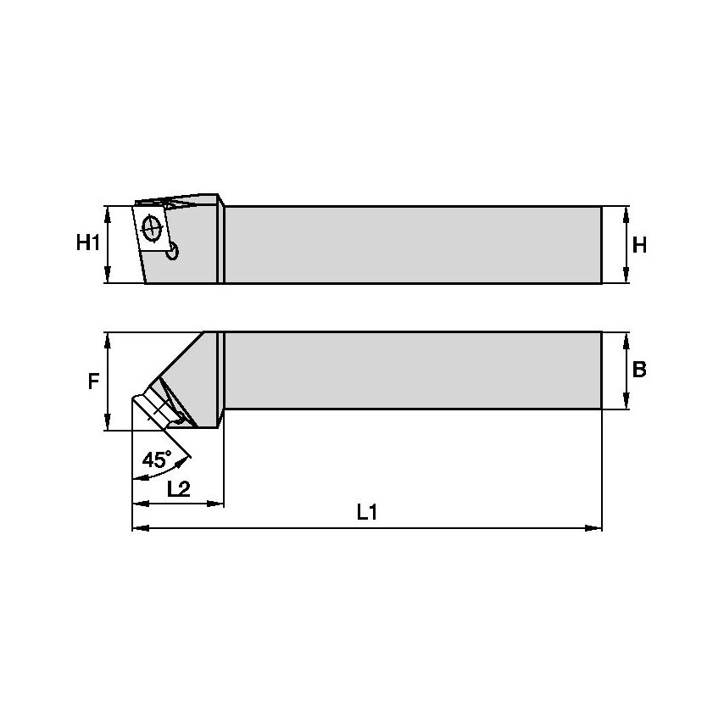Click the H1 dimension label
click(88, 244)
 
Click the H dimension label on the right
click(639, 245)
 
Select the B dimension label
click(639, 370)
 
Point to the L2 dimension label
click(178, 488)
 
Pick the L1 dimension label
click(366, 512)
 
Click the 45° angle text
click(156, 460)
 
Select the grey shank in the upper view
click(414, 244)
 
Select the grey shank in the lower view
click(414, 370)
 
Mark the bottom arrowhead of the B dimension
click(626, 404)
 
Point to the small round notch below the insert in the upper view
click(173, 251)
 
